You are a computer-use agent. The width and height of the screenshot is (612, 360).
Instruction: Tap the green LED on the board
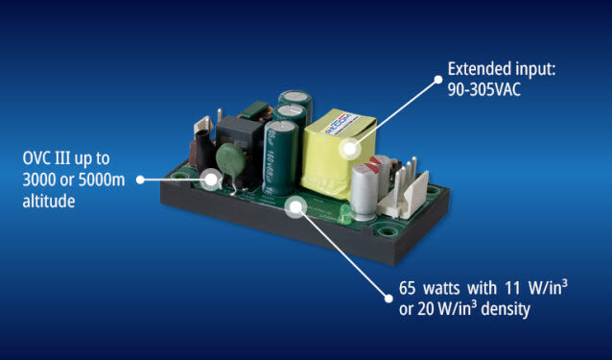coord(344,214)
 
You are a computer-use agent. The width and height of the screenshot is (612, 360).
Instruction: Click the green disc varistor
coord(230,159)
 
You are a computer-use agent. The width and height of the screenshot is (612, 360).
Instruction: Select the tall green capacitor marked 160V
coord(280,158)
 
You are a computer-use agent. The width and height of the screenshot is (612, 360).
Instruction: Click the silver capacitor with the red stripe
coord(365,191)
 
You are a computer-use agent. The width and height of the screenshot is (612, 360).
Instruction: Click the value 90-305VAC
coord(484,90)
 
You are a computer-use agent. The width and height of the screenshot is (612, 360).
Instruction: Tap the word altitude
coord(49,201)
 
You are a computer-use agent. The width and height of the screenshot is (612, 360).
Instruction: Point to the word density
coord(506,309)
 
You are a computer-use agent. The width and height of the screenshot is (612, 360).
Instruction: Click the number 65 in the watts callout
coord(407,289)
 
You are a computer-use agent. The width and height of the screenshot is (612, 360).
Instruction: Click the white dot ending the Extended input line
coord(438,80)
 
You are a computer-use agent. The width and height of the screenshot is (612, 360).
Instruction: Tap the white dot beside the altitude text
coord(140,180)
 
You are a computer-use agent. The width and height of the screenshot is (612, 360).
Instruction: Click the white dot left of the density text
coord(388,299)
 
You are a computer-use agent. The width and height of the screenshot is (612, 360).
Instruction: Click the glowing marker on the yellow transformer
coord(350,149)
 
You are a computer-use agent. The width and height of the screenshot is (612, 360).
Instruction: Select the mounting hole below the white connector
coord(388,231)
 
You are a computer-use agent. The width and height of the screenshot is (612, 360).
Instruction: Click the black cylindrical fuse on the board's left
coord(203,152)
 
